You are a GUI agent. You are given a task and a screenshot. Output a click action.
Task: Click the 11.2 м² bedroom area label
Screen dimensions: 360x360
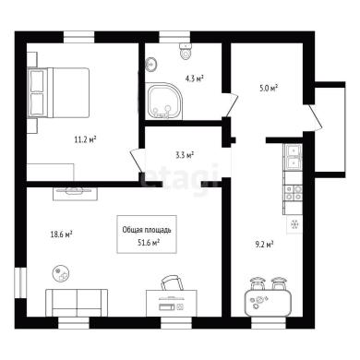tap(85, 140)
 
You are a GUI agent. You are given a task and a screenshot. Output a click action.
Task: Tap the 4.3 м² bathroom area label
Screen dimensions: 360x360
tap(195, 78)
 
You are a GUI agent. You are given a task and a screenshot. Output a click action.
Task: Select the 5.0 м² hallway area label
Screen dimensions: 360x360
tap(269, 89)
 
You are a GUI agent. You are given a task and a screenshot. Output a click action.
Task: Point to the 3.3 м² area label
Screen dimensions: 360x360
tap(185, 155)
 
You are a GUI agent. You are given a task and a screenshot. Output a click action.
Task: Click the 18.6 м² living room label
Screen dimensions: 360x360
tap(61, 234)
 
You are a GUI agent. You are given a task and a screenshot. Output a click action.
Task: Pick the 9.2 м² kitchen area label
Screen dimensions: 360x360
tap(265, 245)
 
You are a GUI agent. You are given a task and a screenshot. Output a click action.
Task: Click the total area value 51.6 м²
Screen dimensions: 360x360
tap(149, 243)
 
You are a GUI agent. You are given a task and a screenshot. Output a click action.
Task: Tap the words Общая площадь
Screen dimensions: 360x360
tap(147, 230)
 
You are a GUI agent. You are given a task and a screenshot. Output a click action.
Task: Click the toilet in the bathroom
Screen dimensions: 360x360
tap(186, 51)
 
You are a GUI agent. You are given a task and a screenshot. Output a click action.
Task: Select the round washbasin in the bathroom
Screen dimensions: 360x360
tap(150, 65)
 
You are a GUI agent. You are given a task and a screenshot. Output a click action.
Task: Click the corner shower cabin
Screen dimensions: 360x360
tap(164, 101)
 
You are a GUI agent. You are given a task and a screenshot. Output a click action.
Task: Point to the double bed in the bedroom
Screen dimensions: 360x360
tap(59, 92)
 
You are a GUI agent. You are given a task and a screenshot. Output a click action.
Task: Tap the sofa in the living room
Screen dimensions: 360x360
tap(77, 303)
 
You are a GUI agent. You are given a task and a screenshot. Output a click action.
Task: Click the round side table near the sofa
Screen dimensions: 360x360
tap(61, 273)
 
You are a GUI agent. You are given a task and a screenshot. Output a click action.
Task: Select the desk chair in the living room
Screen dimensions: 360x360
tap(172, 282)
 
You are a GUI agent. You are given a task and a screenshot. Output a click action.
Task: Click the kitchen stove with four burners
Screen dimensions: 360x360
tap(294, 193)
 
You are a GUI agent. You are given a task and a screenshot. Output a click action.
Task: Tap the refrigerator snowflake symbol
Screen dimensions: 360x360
tap(294, 224)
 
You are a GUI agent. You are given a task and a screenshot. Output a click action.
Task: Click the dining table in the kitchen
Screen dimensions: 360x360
tap(268, 303)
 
